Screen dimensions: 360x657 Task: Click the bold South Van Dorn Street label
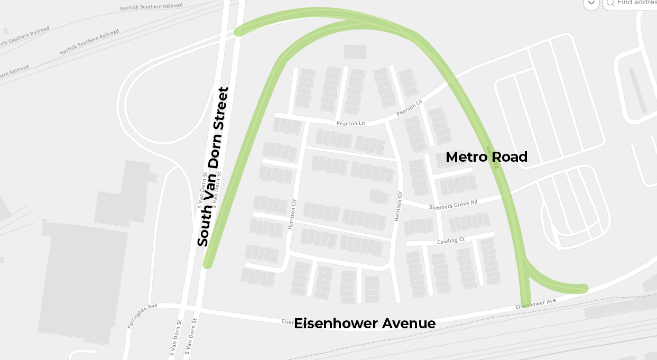213,167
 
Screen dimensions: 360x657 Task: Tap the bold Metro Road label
486,157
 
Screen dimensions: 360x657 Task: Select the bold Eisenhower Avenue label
365,324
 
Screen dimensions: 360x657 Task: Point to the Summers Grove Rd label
453,205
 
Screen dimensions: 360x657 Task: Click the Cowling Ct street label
451,241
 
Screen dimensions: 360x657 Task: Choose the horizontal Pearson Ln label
350,124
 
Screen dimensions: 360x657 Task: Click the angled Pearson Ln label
410,108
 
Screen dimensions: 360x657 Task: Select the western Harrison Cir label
291,214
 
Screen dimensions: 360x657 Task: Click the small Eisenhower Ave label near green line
536,304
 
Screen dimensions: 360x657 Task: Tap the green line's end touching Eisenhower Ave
525,303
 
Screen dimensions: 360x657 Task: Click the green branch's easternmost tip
584,288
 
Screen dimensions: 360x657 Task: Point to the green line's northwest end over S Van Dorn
239,31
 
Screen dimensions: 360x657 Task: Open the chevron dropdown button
591,3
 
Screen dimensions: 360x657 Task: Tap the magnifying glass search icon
610,3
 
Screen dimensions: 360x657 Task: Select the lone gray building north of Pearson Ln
355,51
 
